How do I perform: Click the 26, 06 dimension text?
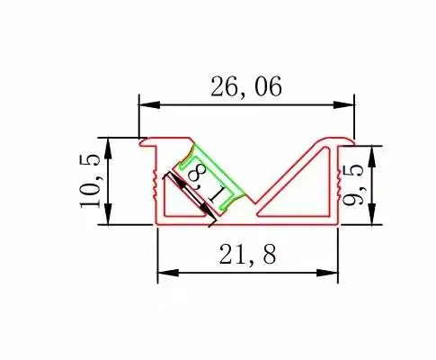coord(246,86)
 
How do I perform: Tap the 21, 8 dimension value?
coord(247,255)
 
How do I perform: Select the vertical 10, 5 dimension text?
coord(89,182)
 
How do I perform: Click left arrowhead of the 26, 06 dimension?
coord(149,105)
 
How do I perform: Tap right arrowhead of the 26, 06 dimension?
coord(344,105)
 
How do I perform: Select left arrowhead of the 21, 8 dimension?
coord(168,273)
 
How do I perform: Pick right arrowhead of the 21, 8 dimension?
coord(327,273)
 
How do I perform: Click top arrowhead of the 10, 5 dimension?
coord(109,148)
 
